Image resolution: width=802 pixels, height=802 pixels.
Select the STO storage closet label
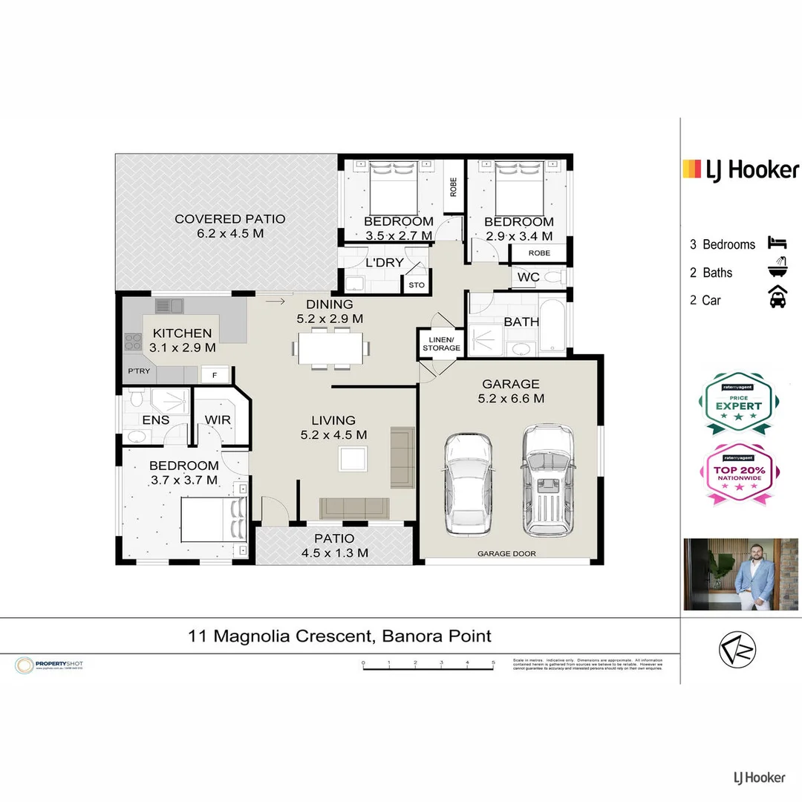point(416,285)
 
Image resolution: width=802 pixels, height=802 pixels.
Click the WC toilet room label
point(528,277)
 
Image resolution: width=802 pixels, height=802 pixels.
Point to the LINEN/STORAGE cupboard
point(441,343)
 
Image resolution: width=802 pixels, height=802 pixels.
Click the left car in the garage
point(468,483)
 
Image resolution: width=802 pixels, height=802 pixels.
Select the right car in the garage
point(547,480)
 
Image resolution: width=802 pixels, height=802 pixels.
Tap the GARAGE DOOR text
point(506,554)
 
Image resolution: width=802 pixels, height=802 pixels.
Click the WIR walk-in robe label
point(218,420)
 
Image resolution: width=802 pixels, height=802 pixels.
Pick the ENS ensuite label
point(155,420)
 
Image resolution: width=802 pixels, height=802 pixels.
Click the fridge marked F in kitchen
point(215,375)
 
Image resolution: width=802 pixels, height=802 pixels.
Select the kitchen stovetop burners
point(133,342)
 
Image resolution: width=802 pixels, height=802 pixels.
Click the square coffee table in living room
point(353,458)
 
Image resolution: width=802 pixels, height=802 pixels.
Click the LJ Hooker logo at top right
point(740,170)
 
